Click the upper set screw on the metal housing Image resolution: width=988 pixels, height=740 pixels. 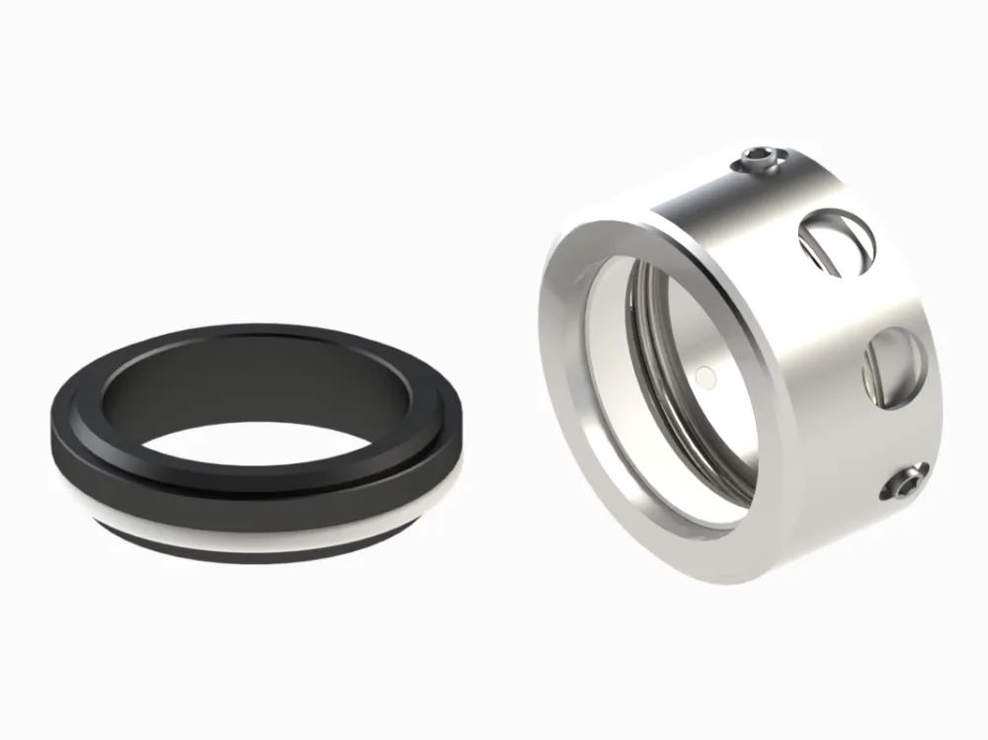759,160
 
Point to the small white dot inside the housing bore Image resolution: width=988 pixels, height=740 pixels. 702,375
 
